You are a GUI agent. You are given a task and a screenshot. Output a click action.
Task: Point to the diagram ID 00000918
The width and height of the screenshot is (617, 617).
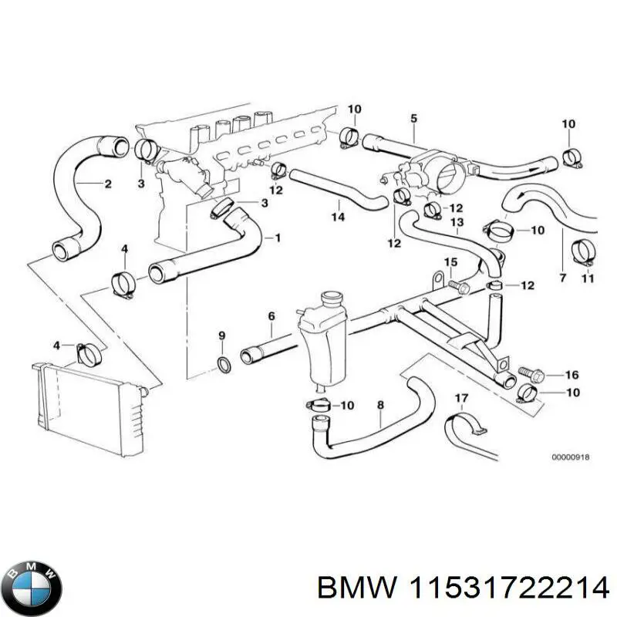(x=570, y=457)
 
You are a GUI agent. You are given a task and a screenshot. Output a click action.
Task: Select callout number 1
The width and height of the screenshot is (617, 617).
(x=277, y=238)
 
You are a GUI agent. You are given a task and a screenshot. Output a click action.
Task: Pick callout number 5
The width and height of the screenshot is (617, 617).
(x=413, y=119)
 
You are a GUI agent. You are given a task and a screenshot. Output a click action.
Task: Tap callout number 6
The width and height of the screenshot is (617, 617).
(x=271, y=315)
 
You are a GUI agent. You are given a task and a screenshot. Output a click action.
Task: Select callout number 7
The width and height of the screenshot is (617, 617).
(x=561, y=276)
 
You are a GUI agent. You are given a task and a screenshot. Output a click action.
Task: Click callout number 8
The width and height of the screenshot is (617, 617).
(x=379, y=404)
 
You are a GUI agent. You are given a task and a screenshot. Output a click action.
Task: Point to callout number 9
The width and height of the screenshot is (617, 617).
(x=222, y=335)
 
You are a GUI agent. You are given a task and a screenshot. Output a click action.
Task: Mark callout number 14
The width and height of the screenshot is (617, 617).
(x=338, y=217)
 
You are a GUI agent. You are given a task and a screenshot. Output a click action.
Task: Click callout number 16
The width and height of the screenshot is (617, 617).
(x=571, y=376)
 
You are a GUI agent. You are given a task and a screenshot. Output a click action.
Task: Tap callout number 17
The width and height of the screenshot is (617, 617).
(x=461, y=399)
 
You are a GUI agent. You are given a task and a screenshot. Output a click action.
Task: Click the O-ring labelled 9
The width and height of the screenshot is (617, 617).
(x=222, y=364)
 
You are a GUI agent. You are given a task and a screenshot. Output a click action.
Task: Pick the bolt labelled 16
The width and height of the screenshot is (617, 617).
(x=532, y=375)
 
